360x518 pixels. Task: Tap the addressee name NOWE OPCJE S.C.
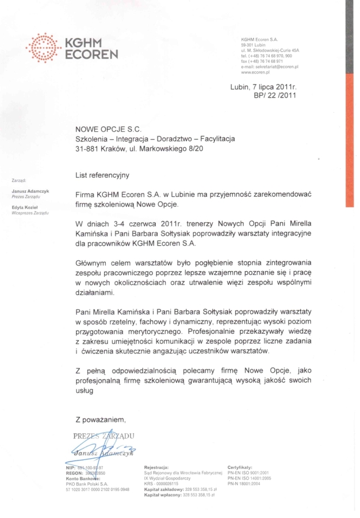pyautogui.click(x=108, y=130)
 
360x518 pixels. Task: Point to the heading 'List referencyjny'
pyautogui.click(x=102, y=174)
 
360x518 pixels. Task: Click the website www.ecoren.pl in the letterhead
pyautogui.click(x=256, y=73)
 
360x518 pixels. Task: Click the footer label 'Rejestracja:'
pyautogui.click(x=156, y=467)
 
